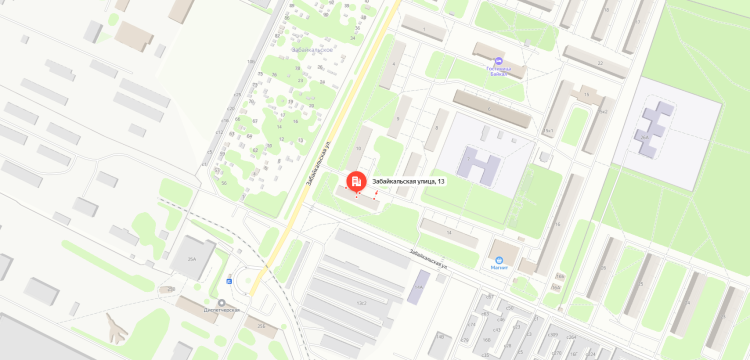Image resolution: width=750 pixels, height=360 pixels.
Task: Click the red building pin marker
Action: pos(355,181)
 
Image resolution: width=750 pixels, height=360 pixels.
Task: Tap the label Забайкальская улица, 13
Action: pos(408,181)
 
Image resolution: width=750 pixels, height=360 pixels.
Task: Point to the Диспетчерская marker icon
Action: pos(221,303)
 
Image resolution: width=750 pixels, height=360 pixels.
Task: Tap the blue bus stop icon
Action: pos(229,282)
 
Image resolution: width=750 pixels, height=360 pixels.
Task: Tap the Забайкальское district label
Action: pos(312,48)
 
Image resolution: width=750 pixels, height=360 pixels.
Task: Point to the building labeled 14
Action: pos(449,233)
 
